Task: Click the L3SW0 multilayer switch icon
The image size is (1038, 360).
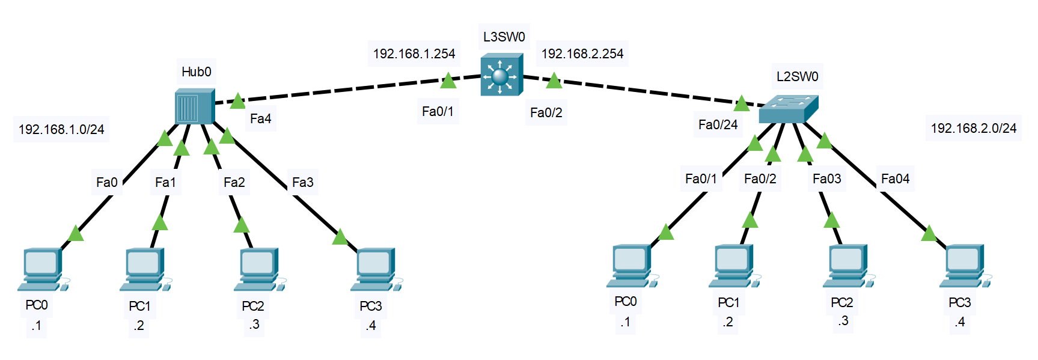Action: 501,75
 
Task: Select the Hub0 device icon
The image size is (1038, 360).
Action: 194,106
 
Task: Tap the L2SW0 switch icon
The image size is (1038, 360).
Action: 787,109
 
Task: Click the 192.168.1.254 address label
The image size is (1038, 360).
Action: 414,53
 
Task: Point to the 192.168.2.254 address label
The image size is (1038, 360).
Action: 582,53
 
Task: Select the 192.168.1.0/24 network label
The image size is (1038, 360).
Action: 61,129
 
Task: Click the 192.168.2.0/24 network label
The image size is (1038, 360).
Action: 973,128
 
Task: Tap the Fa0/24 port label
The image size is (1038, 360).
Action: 718,124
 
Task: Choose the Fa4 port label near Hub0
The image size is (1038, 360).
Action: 260,118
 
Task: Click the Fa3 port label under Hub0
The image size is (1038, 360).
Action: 302,182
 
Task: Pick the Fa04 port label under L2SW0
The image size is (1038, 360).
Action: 895,178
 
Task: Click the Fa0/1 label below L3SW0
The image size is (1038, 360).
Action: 438,111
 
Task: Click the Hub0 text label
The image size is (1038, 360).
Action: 196,72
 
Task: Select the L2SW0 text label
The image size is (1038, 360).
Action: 797,76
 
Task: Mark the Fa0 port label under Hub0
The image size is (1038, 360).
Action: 106,182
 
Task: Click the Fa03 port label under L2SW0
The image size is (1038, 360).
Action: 826,178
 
